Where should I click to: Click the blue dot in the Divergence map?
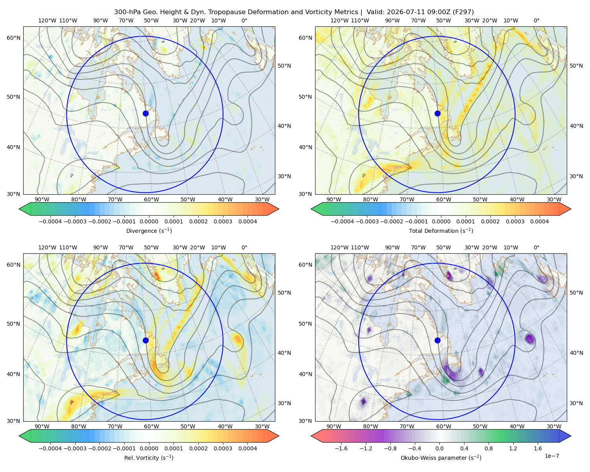(x=146, y=114)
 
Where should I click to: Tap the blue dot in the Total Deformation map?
(x=437, y=114)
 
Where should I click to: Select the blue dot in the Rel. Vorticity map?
(x=146, y=340)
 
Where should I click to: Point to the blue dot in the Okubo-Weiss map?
(x=437, y=340)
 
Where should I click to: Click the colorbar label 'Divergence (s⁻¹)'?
(x=149, y=230)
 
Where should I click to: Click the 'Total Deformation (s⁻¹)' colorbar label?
(x=441, y=230)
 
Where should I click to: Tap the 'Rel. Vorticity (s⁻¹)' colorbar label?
(x=149, y=458)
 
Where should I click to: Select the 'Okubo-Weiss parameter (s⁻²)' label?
(x=441, y=458)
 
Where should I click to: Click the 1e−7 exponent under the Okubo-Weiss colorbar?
(x=551, y=456)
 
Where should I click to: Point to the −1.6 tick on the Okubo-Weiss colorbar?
(x=341, y=448)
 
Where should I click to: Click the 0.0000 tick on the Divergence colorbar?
(x=149, y=221)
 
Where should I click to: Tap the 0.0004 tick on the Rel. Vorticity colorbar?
(x=247, y=448)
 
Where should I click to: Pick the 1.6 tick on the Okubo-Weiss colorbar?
(x=538, y=448)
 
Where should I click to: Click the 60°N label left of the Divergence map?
(x=13, y=38)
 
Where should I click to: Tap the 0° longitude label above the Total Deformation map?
(x=536, y=20)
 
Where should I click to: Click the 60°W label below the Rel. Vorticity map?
(x=151, y=426)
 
